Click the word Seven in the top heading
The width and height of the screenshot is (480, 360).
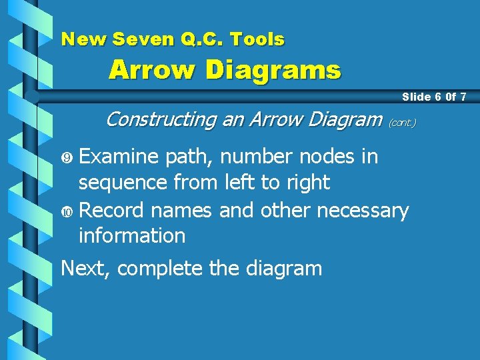coord(137,39)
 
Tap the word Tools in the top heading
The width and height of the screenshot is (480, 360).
coord(258,39)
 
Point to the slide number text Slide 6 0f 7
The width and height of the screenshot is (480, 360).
coord(434,97)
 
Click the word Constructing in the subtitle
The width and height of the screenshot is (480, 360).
coord(161,119)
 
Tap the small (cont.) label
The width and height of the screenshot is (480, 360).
coord(402,123)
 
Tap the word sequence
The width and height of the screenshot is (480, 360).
coord(123,183)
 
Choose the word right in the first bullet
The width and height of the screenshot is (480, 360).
coord(305,183)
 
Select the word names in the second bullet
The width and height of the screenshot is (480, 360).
coord(182,211)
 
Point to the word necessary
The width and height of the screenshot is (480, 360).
coord(363,211)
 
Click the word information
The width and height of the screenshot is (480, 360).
coord(132,235)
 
